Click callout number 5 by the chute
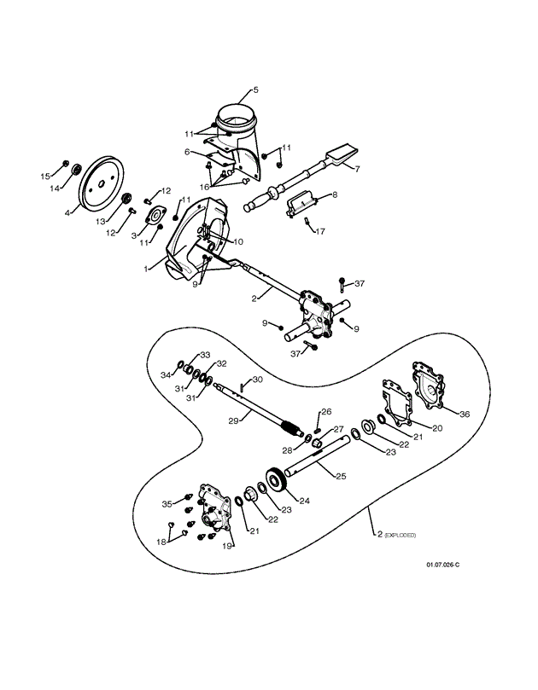coord(254,90)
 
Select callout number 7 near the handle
coord(358,169)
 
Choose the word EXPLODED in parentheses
coord(400,535)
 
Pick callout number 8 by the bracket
coord(334,194)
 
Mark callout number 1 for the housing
coord(147,269)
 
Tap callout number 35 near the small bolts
coord(167,503)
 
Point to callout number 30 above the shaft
coord(257,379)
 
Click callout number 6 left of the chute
coord(187,152)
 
